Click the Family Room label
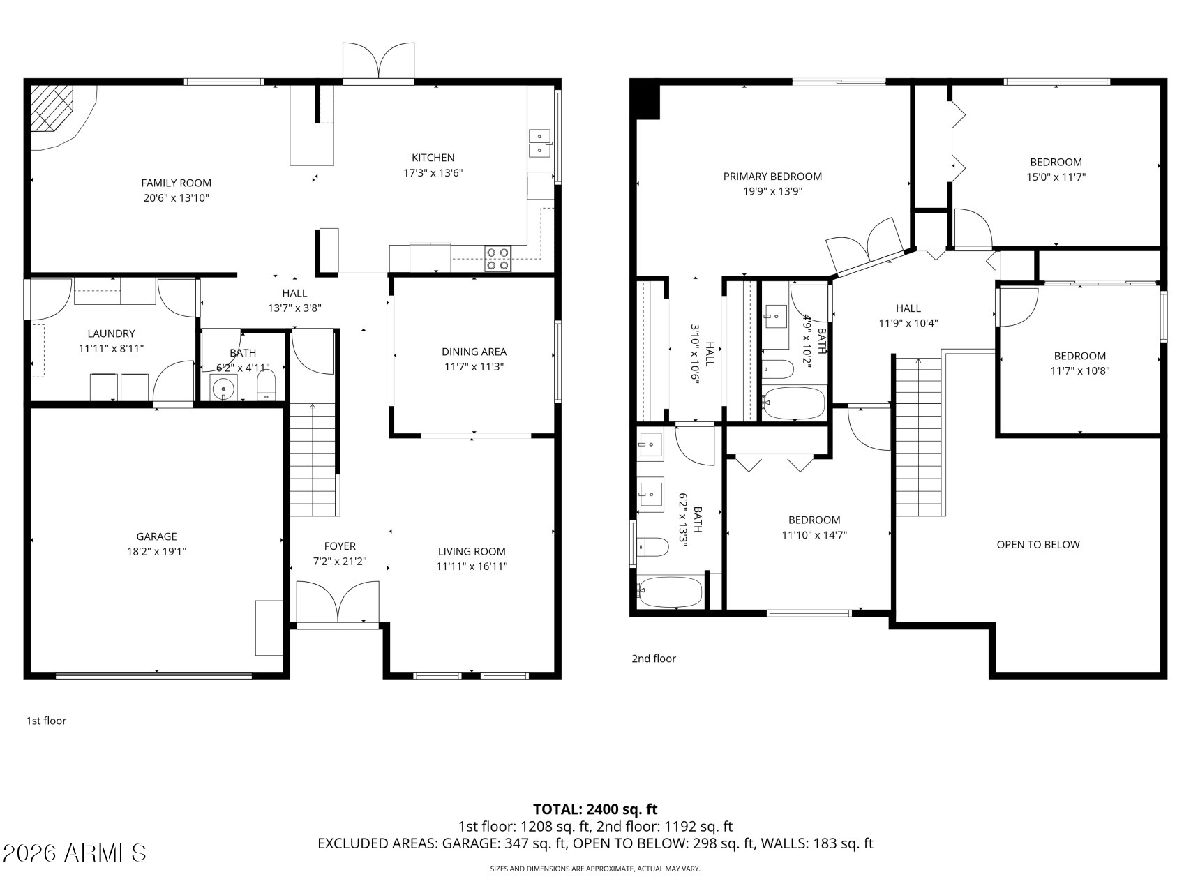point(176,183)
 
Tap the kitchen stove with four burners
point(497,259)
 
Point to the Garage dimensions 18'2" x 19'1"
point(156,551)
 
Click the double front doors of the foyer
point(338,602)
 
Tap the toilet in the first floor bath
point(267,385)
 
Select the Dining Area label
point(474,352)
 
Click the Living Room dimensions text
point(472,566)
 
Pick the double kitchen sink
point(539,143)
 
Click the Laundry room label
point(111,333)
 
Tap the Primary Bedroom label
point(772,177)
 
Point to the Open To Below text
point(1038,545)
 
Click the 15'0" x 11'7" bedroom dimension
point(1056,177)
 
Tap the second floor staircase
point(918,436)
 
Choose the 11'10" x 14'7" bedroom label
point(814,520)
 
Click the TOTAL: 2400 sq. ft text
point(595,809)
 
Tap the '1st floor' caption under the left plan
point(46,721)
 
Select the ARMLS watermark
point(74,853)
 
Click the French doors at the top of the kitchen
point(378,63)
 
